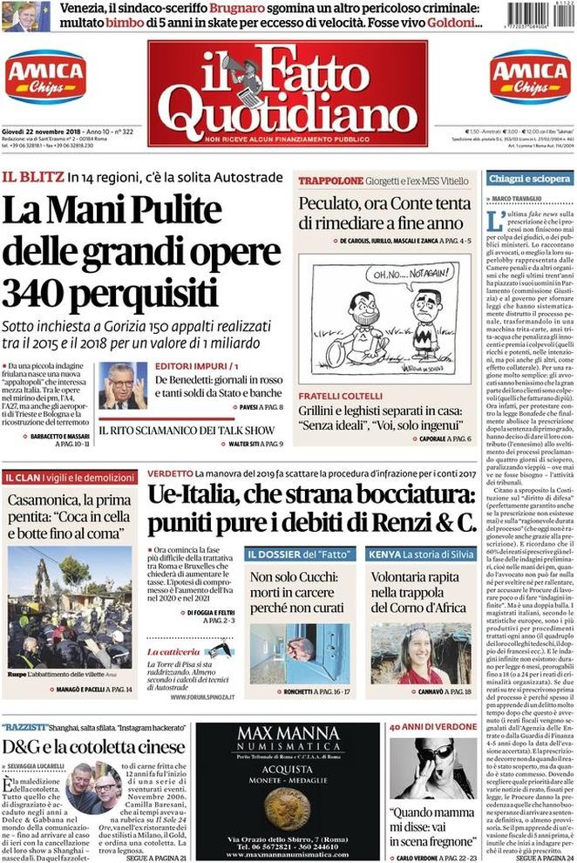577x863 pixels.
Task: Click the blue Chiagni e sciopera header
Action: [529, 179]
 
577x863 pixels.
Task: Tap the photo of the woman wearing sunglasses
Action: [432, 769]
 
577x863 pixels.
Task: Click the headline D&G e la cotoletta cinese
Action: [94, 747]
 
